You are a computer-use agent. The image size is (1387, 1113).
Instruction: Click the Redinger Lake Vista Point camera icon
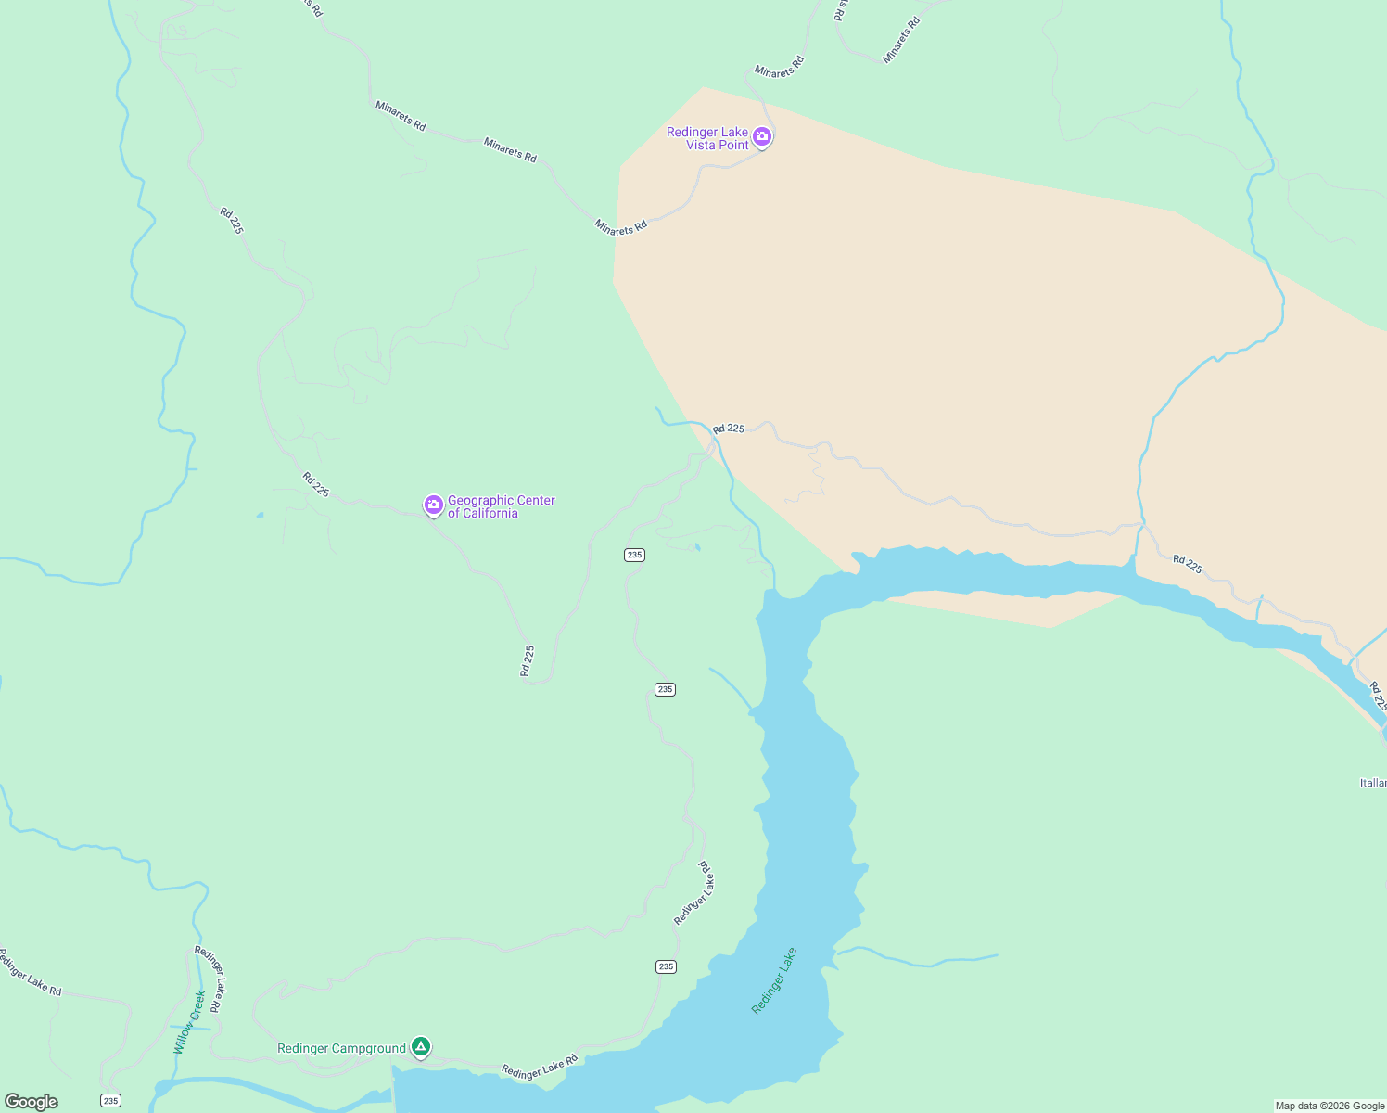click(762, 137)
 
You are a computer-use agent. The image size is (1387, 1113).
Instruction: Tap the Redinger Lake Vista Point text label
click(707, 138)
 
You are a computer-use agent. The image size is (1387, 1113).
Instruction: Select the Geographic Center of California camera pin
click(433, 505)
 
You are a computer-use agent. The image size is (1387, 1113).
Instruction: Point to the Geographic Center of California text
click(501, 506)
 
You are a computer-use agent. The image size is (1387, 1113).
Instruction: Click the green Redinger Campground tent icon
click(421, 1047)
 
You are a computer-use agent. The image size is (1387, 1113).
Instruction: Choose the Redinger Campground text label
click(341, 1049)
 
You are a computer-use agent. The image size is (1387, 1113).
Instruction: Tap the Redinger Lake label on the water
click(774, 980)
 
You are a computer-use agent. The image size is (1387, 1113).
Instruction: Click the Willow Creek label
click(189, 1022)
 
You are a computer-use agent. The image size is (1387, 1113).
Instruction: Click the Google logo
click(32, 1102)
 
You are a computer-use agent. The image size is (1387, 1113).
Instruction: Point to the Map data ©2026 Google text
click(1330, 1106)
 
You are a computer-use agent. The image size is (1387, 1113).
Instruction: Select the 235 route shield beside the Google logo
click(111, 1101)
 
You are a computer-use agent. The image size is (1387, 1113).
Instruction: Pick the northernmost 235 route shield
click(634, 555)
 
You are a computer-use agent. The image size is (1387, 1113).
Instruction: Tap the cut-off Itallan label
click(1372, 783)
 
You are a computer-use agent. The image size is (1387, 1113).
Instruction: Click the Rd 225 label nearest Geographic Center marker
click(315, 484)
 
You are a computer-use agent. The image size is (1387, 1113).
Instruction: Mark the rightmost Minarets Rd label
click(900, 40)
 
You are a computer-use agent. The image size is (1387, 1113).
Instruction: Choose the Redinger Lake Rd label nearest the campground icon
click(540, 1066)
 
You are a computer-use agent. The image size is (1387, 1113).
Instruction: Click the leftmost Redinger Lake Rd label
click(30, 972)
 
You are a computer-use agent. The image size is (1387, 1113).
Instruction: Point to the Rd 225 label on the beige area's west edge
click(728, 429)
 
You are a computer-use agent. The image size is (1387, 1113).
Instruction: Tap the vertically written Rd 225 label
click(528, 660)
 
